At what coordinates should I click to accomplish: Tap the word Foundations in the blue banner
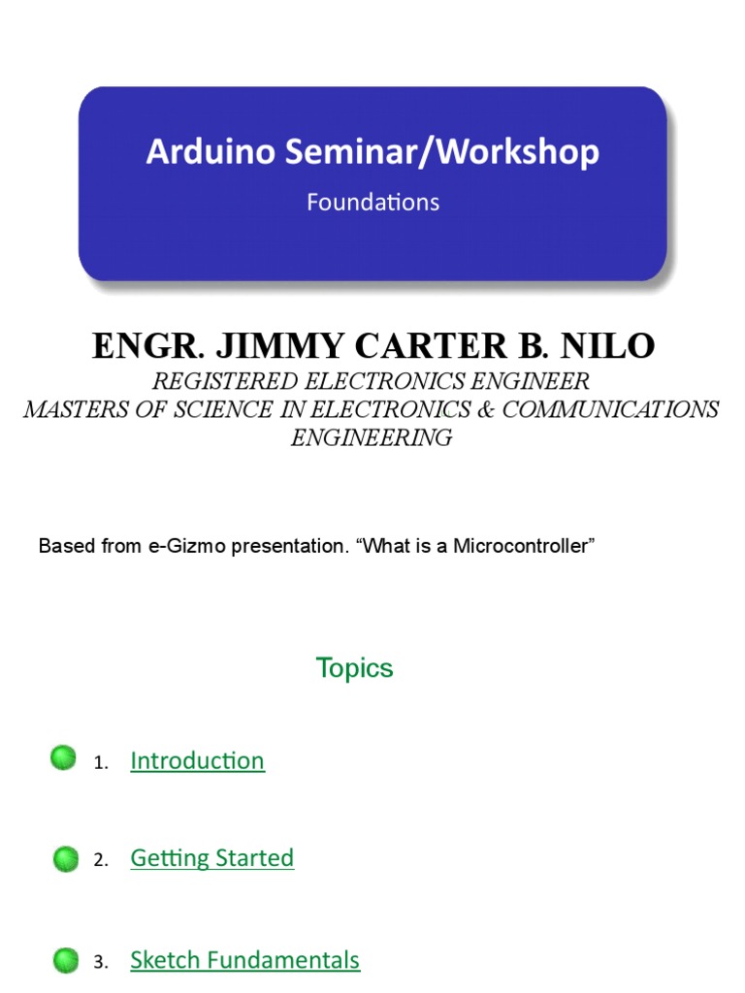tap(372, 203)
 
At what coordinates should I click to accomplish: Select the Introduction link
tap(197, 761)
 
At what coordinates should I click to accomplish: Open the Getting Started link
tap(211, 858)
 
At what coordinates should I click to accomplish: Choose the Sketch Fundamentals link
tap(244, 960)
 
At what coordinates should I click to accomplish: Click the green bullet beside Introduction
tap(64, 758)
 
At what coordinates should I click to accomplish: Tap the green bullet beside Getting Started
tap(66, 858)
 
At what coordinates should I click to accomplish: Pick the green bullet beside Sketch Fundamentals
tap(66, 960)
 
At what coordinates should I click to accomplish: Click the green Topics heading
tap(354, 668)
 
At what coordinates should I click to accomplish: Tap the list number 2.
tap(100, 860)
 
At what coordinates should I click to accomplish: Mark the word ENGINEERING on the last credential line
tap(372, 437)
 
